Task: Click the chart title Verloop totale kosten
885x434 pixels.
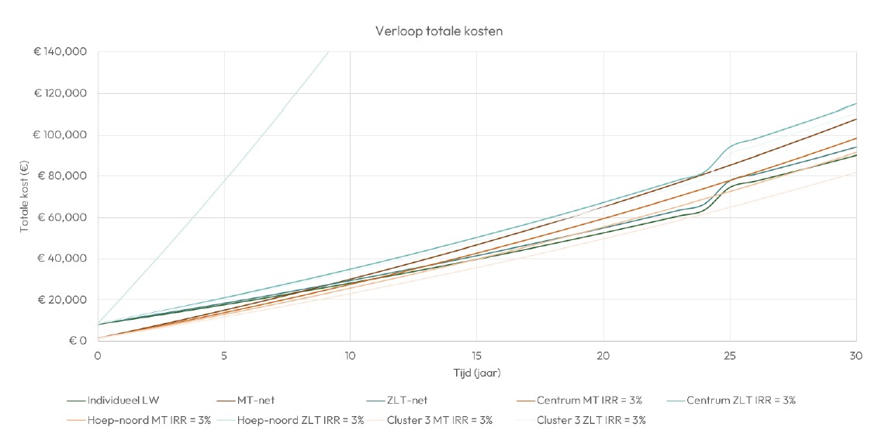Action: click(x=440, y=32)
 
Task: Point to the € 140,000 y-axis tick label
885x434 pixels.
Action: click(x=60, y=52)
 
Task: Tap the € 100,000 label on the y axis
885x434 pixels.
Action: click(x=60, y=135)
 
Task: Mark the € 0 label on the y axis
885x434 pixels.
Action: click(x=76, y=341)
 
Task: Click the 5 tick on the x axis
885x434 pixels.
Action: click(x=224, y=356)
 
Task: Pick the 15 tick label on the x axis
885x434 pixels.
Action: click(x=476, y=356)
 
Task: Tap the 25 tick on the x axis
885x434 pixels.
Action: click(x=729, y=356)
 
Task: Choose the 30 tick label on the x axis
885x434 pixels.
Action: click(x=856, y=356)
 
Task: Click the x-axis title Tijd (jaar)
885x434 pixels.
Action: click(x=476, y=373)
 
